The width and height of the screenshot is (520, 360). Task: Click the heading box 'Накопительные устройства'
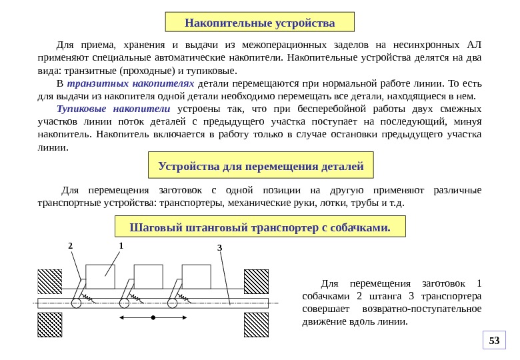point(260,23)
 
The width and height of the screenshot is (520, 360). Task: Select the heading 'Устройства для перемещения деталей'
point(260,165)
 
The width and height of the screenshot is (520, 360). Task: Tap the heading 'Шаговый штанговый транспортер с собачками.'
point(260,228)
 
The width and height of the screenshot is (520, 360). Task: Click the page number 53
point(494,341)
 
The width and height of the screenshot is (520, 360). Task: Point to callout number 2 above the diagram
point(70,246)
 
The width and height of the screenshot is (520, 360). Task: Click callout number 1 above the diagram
point(121,245)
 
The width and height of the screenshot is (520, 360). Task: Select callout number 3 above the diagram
point(219,248)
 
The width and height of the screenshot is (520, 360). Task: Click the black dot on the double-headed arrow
point(153,318)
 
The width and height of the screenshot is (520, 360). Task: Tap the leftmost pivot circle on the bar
point(76,303)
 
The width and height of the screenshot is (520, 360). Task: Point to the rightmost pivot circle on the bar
point(173,303)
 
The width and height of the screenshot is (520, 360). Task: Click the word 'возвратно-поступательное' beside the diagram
point(421,309)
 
